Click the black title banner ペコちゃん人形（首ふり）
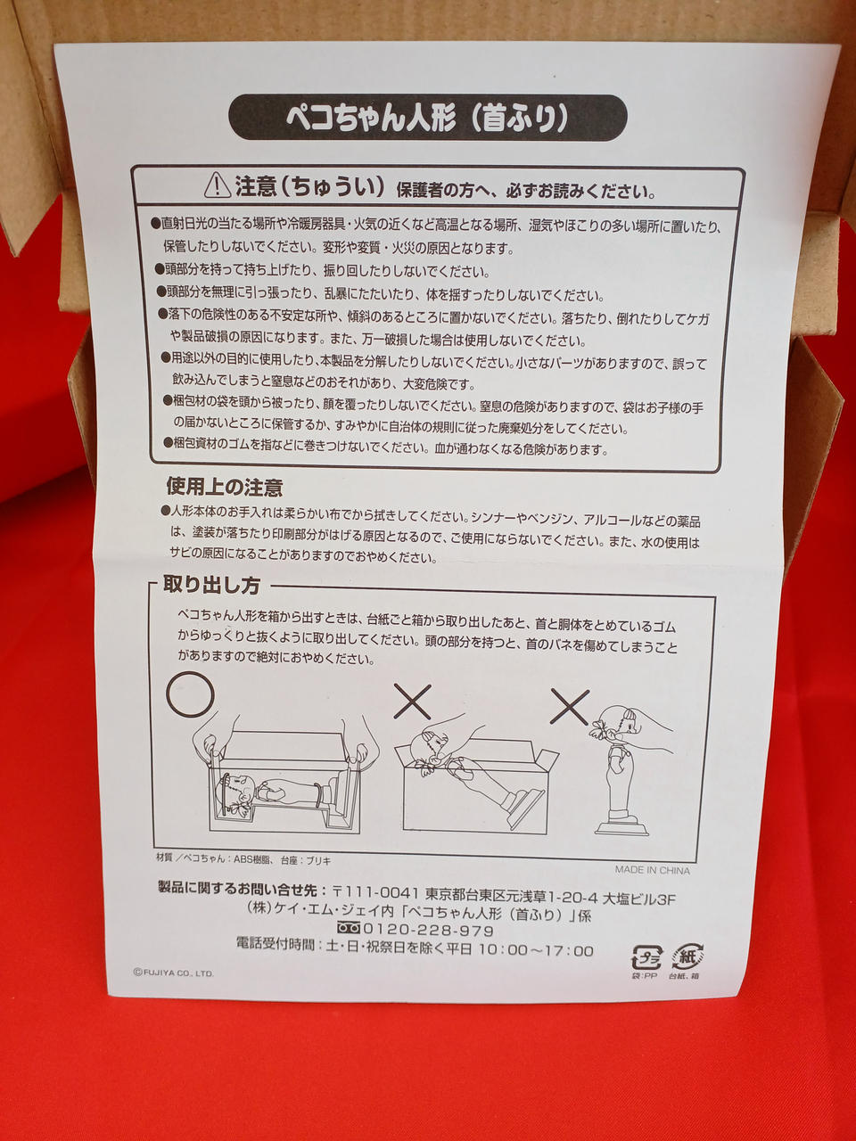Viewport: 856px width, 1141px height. point(428,118)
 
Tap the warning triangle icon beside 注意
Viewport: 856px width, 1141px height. point(218,185)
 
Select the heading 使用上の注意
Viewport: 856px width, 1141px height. point(225,488)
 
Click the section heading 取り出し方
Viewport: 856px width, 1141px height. point(211,586)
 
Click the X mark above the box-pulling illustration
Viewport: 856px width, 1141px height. point(412,702)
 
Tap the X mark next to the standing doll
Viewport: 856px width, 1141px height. point(570,706)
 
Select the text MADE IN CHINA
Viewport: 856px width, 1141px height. point(653,870)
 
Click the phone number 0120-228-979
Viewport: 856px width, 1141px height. point(428,930)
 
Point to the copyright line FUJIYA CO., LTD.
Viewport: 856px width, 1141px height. point(174,973)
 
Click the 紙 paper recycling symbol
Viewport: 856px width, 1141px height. point(687,956)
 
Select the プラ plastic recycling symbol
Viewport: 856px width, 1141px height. point(646,957)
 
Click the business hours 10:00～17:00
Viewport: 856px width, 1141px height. point(536,951)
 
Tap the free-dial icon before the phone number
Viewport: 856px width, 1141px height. point(350,927)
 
